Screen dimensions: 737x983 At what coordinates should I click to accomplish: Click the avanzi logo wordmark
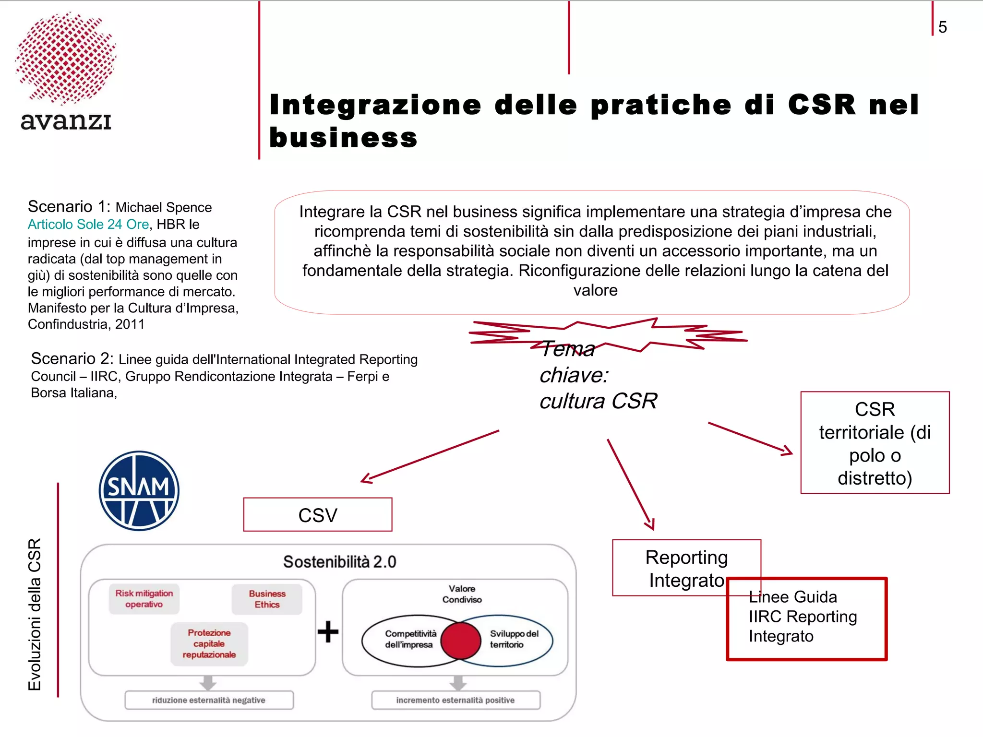[66, 121]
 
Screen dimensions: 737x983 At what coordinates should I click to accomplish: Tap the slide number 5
[942, 27]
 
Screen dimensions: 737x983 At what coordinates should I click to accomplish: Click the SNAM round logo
[139, 490]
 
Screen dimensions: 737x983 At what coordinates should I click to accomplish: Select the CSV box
[318, 515]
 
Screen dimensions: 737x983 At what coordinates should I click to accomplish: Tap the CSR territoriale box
[875, 443]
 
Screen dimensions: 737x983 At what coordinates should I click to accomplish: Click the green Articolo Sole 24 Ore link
[88, 224]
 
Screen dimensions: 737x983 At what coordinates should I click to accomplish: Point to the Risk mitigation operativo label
[144, 599]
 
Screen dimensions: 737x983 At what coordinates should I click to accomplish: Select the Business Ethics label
[267, 599]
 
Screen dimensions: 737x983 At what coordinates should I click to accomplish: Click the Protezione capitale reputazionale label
[209, 644]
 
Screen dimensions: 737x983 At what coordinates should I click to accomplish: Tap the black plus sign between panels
[328, 631]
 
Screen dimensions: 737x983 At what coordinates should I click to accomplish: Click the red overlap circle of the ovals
[461, 641]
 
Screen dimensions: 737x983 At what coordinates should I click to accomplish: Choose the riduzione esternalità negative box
[209, 700]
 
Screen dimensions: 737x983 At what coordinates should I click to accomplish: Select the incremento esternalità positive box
[456, 700]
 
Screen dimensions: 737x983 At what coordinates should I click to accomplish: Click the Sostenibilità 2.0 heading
[339, 562]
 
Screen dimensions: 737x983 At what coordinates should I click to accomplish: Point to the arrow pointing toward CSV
[430, 456]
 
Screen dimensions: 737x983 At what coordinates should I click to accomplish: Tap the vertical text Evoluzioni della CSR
[35, 614]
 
